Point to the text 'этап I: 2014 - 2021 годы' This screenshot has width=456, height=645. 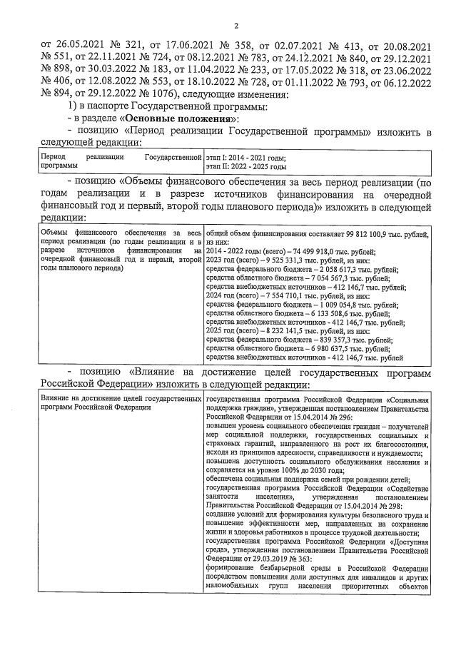tap(245, 157)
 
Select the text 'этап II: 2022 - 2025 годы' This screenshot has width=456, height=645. tap(246, 166)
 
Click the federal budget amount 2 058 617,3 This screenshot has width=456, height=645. tap(347, 270)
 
